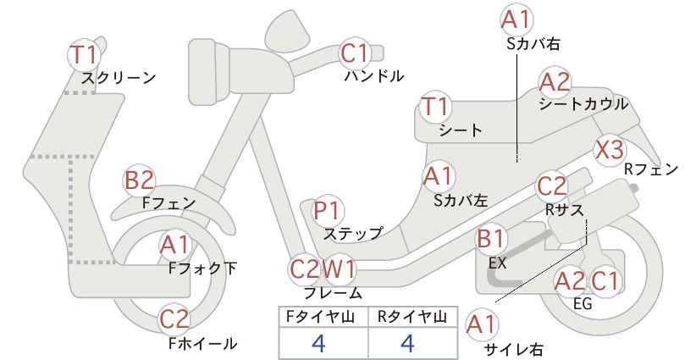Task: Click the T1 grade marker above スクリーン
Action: (84, 54)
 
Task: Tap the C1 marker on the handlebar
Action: (355, 53)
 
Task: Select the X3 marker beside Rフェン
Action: (610, 150)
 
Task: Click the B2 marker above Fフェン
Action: (139, 180)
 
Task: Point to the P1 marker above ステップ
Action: (327, 211)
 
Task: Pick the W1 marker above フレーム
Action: (339, 269)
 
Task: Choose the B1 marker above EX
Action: (491, 239)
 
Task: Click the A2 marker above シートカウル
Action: (555, 81)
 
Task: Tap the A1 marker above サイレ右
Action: (481, 325)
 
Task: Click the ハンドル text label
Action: (374, 76)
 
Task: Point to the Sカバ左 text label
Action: (461, 201)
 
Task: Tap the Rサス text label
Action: (564, 210)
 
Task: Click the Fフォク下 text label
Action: (202, 269)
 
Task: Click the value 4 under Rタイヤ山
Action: (407, 343)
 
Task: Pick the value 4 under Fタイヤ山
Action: (318, 343)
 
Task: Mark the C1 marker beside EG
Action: (605, 280)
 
